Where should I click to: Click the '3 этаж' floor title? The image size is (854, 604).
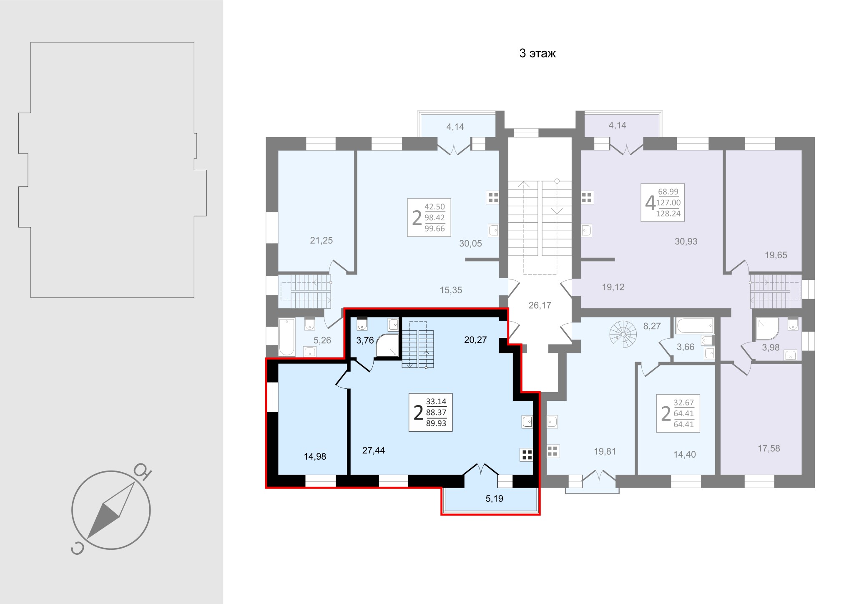[538, 54]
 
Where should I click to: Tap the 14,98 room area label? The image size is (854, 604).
[315, 456]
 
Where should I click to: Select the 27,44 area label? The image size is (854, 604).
[373, 450]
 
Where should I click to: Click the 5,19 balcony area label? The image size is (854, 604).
[495, 498]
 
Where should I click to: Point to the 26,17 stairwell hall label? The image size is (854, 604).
[540, 305]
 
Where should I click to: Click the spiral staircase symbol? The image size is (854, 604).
[623, 334]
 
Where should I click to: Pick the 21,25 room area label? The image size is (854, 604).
[322, 240]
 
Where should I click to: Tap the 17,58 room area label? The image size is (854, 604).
[769, 448]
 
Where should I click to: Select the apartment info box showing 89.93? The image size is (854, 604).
[430, 412]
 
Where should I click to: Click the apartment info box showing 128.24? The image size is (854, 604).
[663, 202]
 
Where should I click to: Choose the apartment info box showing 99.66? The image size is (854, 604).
[429, 217]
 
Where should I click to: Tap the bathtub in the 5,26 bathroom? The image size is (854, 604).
[286, 337]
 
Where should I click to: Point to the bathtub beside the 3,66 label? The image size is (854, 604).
[695, 326]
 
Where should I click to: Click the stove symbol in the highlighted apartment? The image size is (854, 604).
[526, 455]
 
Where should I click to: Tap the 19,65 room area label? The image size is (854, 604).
[776, 255]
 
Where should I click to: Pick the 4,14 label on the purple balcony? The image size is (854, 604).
[618, 125]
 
